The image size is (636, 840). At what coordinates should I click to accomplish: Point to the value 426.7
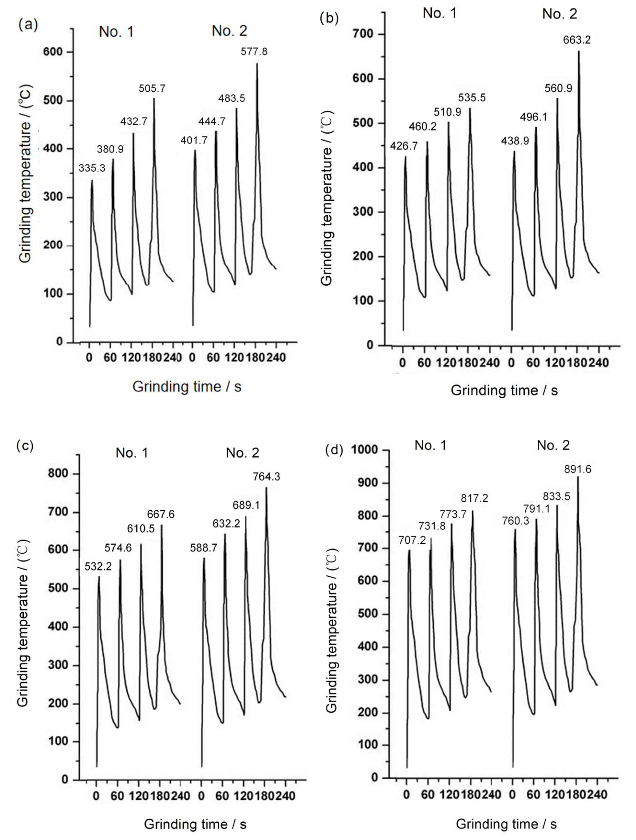point(403,146)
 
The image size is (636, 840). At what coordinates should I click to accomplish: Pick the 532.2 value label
point(98,567)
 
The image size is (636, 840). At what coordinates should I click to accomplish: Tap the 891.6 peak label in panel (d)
point(577,469)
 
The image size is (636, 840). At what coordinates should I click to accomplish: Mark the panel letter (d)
point(334,450)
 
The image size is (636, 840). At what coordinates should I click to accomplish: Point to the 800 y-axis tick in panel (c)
point(58,474)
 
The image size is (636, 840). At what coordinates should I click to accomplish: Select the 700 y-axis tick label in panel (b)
point(363,34)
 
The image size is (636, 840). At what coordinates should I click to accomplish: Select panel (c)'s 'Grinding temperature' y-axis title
point(23,623)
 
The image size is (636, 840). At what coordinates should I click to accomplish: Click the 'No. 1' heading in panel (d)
point(430,445)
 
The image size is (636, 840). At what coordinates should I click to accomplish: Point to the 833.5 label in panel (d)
point(556,496)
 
